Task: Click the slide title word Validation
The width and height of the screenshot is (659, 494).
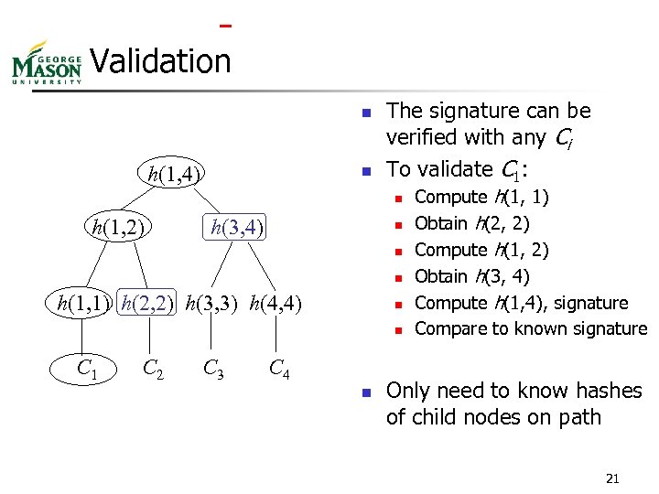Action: [x=161, y=61]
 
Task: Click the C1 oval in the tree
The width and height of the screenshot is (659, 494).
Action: [x=88, y=369]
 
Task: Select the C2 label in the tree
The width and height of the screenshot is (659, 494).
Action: [x=155, y=369]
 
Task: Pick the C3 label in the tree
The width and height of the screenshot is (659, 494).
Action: [x=215, y=369]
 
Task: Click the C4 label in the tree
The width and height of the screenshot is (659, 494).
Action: [x=279, y=369]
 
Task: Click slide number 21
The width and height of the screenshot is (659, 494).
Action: [x=612, y=478]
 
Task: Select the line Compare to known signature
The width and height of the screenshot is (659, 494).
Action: [x=530, y=328]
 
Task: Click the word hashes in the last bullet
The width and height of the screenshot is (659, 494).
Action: [x=605, y=391]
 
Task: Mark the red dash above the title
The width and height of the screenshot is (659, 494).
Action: [x=225, y=25]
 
